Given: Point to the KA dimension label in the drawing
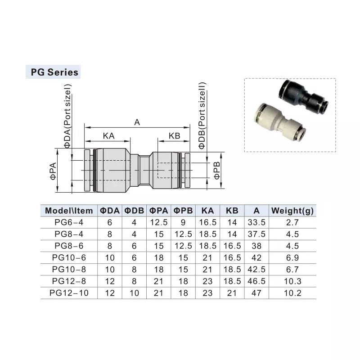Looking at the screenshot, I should coord(108,136).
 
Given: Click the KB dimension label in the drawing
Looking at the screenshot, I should coord(174,136).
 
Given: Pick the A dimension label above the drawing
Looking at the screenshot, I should coord(137,121).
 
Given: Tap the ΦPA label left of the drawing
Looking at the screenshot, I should coord(53,171).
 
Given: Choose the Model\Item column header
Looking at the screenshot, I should coord(69,211).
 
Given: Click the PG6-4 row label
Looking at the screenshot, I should coord(69,222).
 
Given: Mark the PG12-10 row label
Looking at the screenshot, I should coord(69,293).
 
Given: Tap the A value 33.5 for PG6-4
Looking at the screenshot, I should coord(256,222).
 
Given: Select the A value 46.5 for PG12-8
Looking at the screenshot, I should coord(256,281).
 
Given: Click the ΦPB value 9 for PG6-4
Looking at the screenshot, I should coord(183,222).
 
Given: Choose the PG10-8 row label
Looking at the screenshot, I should coord(69,270).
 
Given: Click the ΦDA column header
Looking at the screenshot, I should coord(109,211).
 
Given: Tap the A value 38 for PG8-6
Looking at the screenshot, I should coord(256,246).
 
